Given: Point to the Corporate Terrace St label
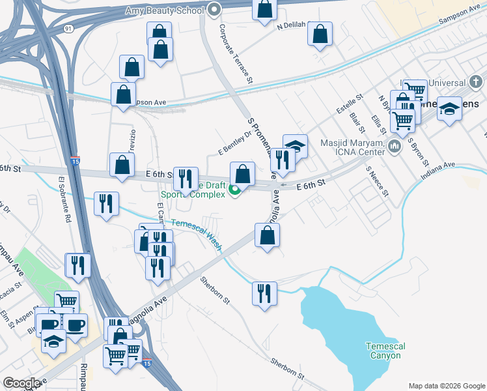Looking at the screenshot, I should click(235, 55).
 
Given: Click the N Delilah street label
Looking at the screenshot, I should click(292, 27).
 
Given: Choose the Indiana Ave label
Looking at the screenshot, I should click(438, 171).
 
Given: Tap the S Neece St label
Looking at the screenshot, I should click(377, 181).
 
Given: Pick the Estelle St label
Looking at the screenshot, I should click(349, 104).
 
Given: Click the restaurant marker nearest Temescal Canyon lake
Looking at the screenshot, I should click(264, 293).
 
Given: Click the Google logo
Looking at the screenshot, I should click(21, 383).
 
